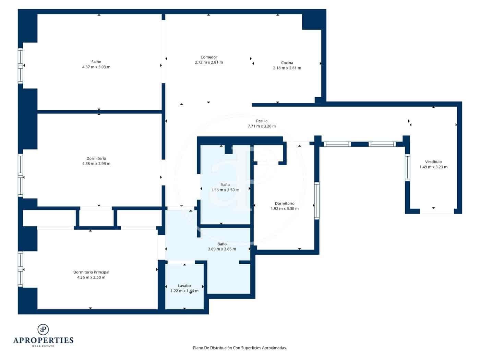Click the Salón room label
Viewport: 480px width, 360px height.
pos(96,62)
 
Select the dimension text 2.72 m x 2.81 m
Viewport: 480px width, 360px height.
pos(209,62)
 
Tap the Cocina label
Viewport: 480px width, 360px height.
pos(287,63)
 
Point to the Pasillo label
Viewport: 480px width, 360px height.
pos(262,121)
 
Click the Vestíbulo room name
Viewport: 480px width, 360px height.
pos(433,162)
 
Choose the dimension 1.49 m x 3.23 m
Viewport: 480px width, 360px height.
pos(433,167)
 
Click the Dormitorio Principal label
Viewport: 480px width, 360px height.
pos(91,272)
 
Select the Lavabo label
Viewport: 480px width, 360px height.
pos(184,286)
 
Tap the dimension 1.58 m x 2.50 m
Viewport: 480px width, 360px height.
pos(225,190)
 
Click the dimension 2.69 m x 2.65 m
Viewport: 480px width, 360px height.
pos(222,249)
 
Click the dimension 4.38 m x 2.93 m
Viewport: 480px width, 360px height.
pos(96,164)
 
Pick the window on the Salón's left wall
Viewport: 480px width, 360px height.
pos(21,66)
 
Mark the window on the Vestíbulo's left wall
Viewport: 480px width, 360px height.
pos(407,168)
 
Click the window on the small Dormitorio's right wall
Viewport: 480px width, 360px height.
pos(316,201)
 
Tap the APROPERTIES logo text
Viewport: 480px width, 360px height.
pos(43,340)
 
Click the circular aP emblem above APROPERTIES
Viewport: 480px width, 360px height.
pos(43,329)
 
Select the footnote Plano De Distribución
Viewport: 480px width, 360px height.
pos(240,348)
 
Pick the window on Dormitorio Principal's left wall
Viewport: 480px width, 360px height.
pos(21,269)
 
